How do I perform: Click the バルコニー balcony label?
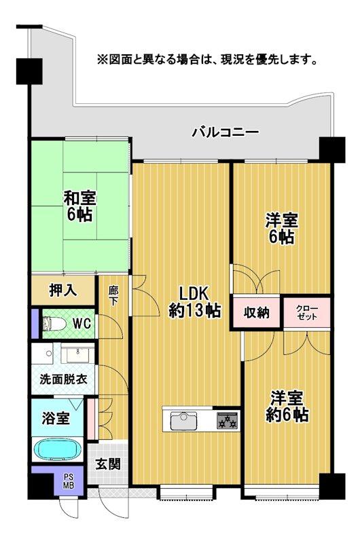pyautogui.click(x=224, y=131)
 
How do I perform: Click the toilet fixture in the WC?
pyautogui.click(x=56, y=324)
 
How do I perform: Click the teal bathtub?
pyautogui.click(x=57, y=449)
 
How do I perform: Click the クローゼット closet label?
pyautogui.click(x=307, y=313)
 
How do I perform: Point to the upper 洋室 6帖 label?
pyautogui.click(x=280, y=229)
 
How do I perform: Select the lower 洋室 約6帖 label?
pyautogui.click(x=287, y=406)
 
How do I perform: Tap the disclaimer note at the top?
pyautogui.click(x=207, y=60)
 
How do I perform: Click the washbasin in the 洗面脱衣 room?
pyautogui.click(x=76, y=354)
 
